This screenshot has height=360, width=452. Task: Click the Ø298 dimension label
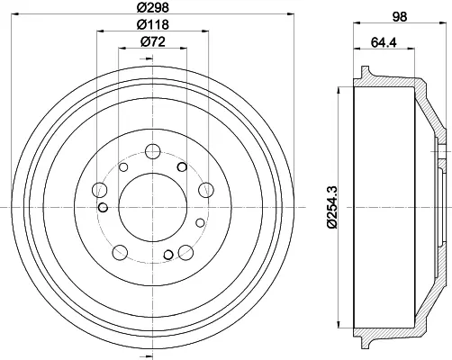(x=153, y=7)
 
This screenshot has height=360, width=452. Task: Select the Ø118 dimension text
(x=153, y=24)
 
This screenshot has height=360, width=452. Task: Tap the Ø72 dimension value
(x=153, y=41)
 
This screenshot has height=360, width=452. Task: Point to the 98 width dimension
(x=400, y=16)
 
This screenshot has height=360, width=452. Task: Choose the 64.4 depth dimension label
(x=384, y=42)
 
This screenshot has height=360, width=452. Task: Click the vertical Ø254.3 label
(x=332, y=207)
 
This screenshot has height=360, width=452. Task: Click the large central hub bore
(x=153, y=207)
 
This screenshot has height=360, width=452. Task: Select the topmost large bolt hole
(x=153, y=151)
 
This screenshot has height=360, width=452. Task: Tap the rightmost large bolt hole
(x=206, y=190)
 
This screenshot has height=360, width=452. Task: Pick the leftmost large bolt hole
(x=100, y=190)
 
